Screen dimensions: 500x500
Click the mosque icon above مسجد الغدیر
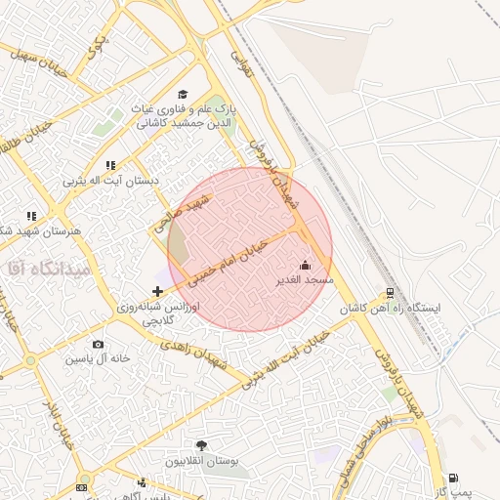305,265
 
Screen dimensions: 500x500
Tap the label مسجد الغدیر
305,280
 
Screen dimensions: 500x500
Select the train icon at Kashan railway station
390,292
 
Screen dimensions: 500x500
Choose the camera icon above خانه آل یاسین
98,345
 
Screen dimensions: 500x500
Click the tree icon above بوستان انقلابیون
202,445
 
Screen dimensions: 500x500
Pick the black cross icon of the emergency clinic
158,291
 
